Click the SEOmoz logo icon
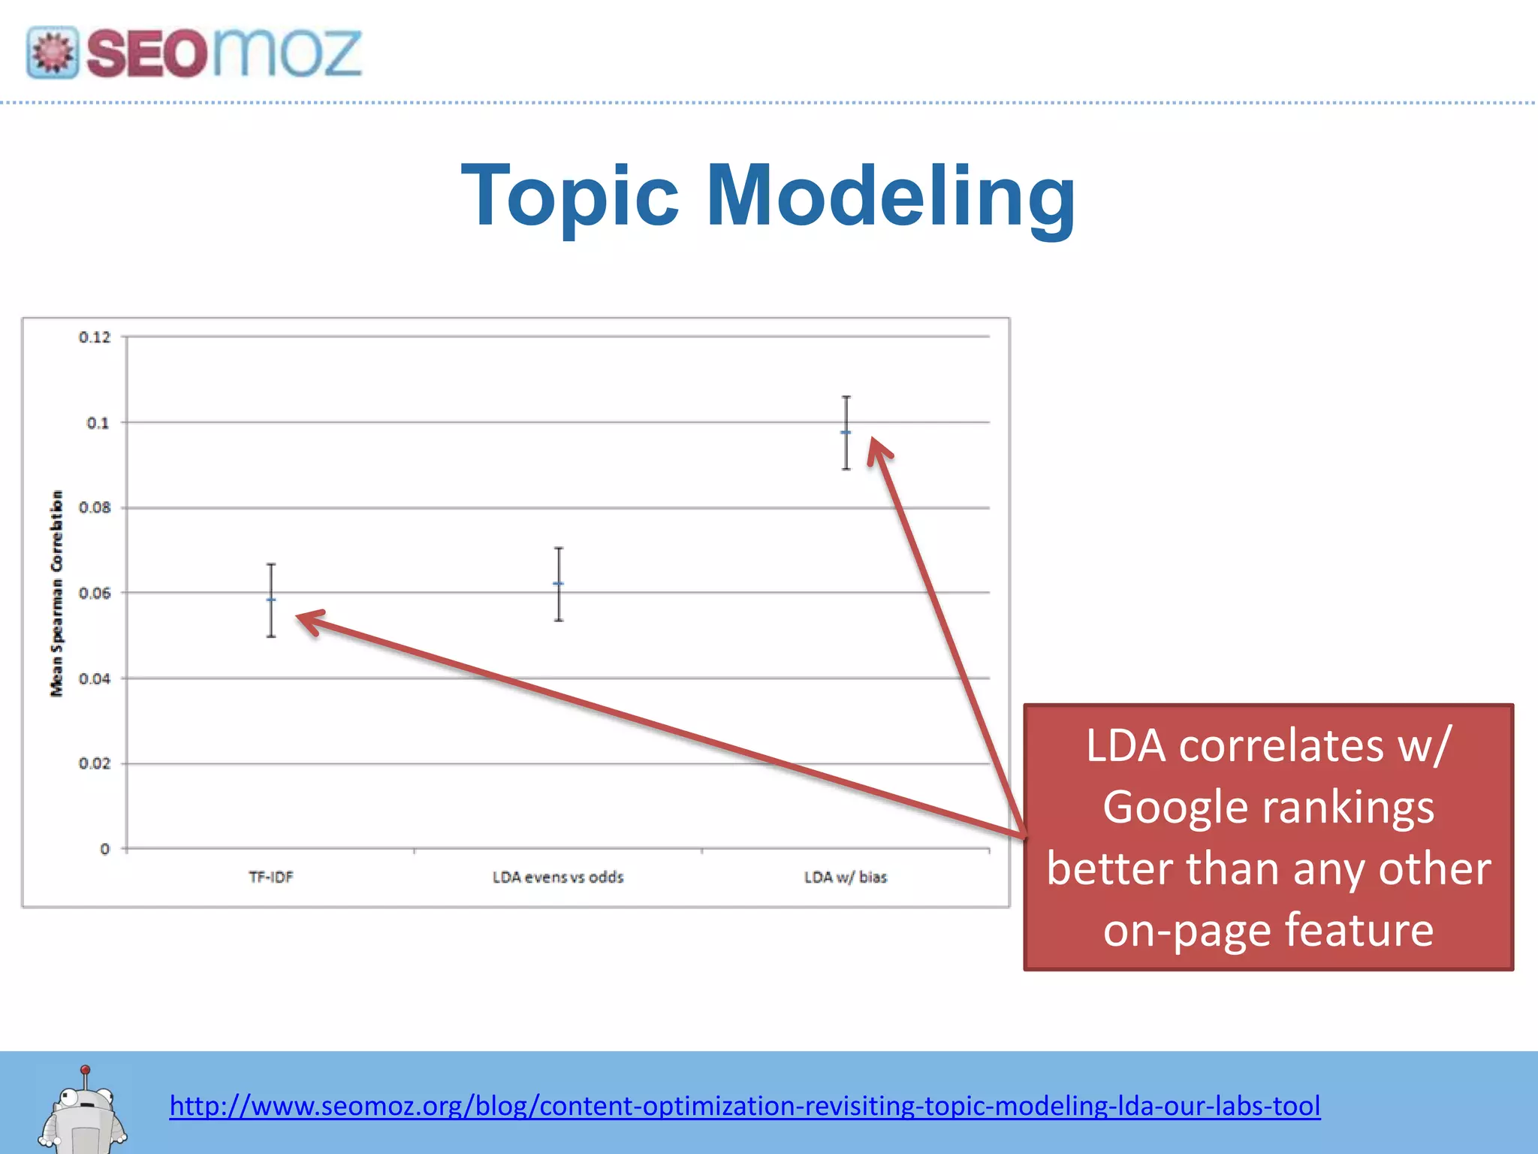(x=53, y=53)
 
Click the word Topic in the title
(x=571, y=197)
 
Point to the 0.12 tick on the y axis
(x=95, y=337)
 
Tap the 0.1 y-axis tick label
(x=98, y=423)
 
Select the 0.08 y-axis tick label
(x=95, y=508)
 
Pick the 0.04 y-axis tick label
(x=95, y=678)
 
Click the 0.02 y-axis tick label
(x=95, y=763)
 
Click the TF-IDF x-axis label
(x=271, y=877)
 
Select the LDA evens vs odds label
(x=558, y=877)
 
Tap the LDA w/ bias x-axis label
(x=846, y=877)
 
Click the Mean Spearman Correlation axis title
(x=57, y=594)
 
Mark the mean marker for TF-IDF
(x=271, y=600)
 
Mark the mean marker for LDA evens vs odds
(x=559, y=584)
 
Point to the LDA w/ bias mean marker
(x=846, y=433)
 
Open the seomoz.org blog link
(x=744, y=1106)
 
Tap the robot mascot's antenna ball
(x=86, y=1070)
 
